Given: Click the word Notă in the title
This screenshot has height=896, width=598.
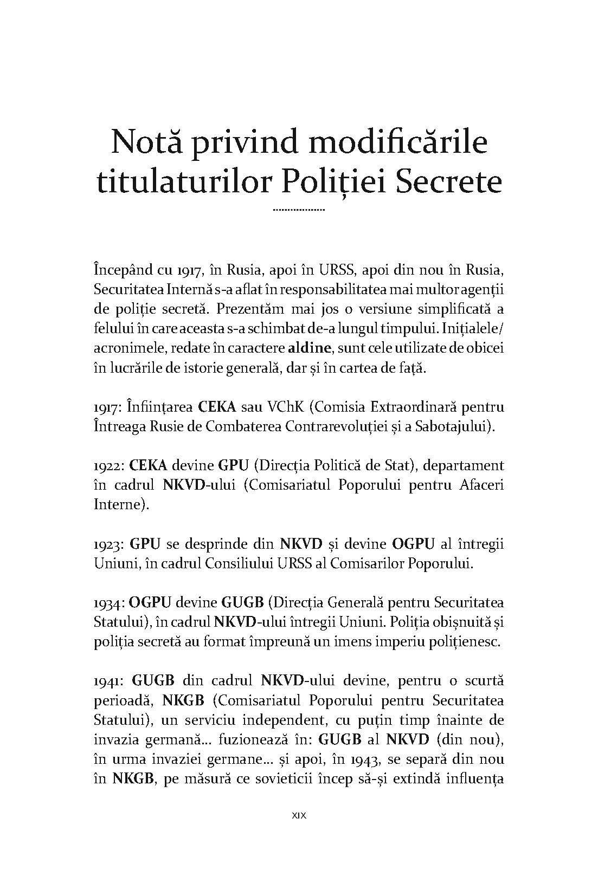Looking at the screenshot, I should pyautogui.click(x=145, y=142).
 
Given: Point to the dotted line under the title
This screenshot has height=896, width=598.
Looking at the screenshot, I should pyautogui.click(x=299, y=209).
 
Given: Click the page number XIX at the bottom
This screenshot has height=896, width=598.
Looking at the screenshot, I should pyautogui.click(x=299, y=815).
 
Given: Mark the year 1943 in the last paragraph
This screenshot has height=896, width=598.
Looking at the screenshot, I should pyautogui.click(x=366, y=759).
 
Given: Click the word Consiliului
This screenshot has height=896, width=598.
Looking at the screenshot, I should pyautogui.click(x=235, y=563).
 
